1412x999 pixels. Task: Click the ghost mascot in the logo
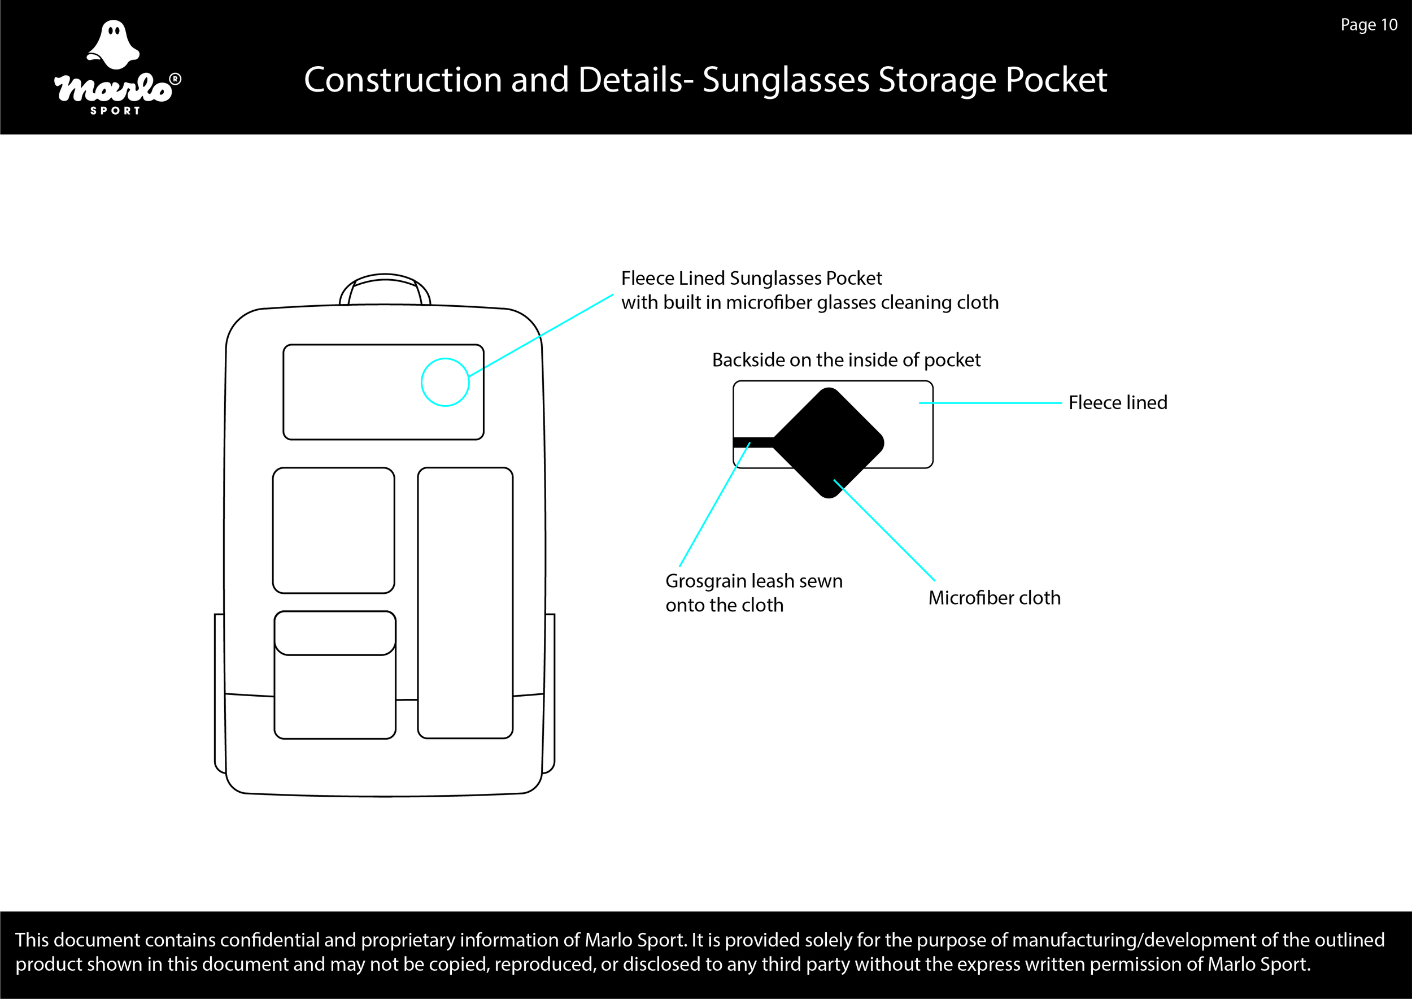click(x=113, y=44)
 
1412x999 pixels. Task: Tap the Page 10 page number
click(x=1369, y=25)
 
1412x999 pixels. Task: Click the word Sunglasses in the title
click(x=785, y=80)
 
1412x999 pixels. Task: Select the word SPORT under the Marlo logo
click(x=116, y=111)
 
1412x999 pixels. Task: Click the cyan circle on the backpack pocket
click(x=445, y=382)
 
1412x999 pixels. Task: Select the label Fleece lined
click(x=1117, y=402)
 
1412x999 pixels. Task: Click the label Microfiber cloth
click(x=995, y=597)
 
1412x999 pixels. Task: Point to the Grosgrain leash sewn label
click(x=753, y=581)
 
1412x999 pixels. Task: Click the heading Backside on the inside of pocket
click(x=846, y=360)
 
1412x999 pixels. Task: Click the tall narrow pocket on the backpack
click(x=465, y=603)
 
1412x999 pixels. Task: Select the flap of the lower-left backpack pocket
click(x=334, y=633)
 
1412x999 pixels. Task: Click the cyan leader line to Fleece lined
click(x=990, y=403)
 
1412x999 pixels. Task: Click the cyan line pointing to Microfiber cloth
click(x=884, y=530)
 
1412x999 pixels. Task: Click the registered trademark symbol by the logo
click(x=175, y=79)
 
